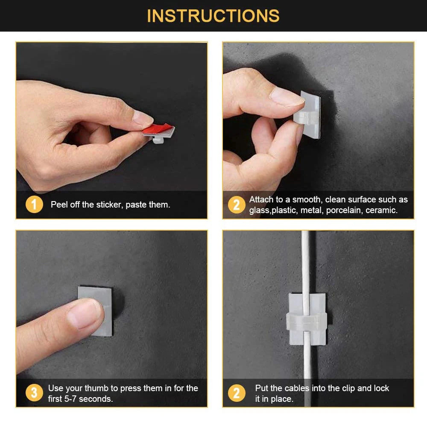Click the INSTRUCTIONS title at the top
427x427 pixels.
coord(213,16)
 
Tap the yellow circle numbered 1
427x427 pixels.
coord(34,205)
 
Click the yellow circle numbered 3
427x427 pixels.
coord(34,393)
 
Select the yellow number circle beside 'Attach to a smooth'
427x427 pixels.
coord(236,205)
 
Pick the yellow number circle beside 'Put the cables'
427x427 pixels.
coord(236,393)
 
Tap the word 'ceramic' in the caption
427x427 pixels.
coord(381,210)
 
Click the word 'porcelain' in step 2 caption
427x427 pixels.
coord(344,210)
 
